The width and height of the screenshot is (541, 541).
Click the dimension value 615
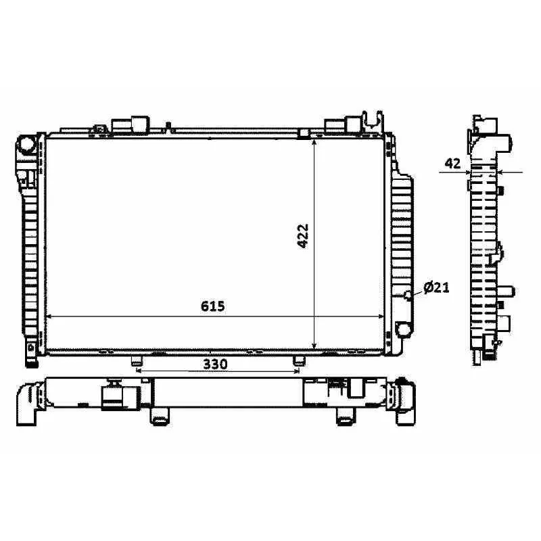(x=212, y=306)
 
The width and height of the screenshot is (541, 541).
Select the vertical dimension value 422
(x=302, y=236)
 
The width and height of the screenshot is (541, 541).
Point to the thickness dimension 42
(x=452, y=163)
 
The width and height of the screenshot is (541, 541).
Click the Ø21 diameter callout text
(x=437, y=288)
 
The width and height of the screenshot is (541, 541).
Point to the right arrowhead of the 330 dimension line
(x=296, y=371)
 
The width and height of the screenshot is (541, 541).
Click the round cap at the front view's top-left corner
(x=26, y=145)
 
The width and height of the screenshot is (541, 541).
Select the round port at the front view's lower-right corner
(x=403, y=329)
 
